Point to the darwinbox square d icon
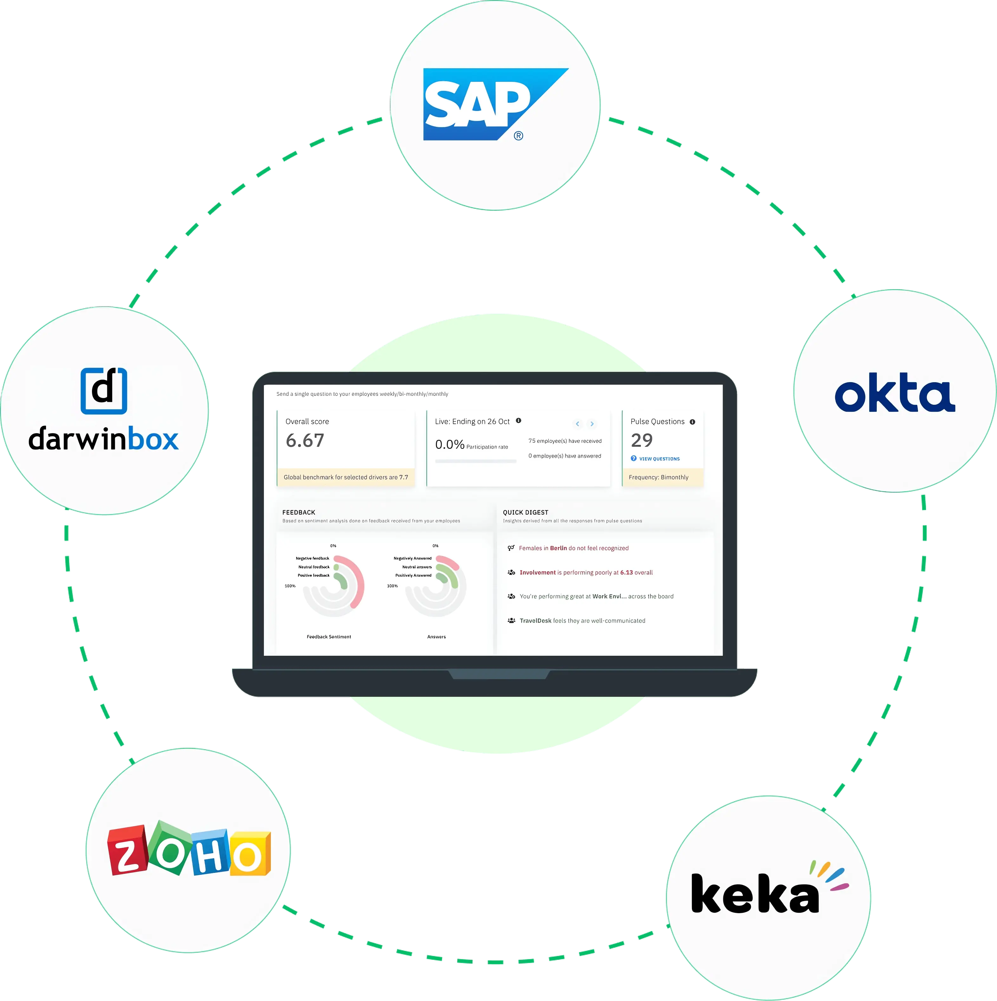(104, 391)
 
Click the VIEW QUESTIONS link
(659, 459)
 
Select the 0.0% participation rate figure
(450, 445)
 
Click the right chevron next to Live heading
(592, 424)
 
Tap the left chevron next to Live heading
(577, 424)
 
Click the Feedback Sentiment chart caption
(329, 637)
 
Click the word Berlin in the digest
(558, 548)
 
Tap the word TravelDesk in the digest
(536, 621)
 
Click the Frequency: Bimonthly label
(658, 477)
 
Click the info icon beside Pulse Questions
(693, 422)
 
